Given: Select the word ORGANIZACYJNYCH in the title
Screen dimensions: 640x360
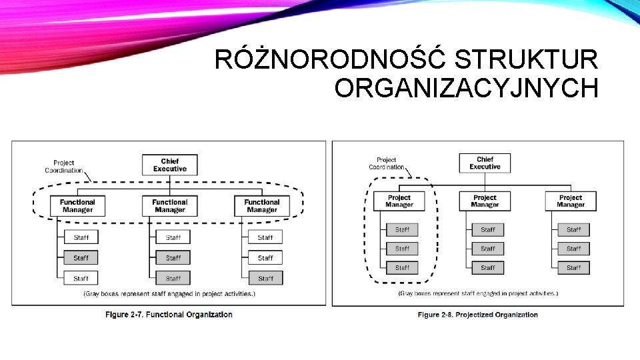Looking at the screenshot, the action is coord(466,88).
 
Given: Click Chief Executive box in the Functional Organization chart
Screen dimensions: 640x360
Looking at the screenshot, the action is coord(170,165).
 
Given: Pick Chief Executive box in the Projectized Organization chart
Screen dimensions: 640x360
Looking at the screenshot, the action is coord(485,163).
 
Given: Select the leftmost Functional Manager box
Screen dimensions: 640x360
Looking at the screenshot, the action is coord(77,206).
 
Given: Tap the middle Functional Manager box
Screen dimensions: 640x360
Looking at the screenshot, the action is coord(170,206).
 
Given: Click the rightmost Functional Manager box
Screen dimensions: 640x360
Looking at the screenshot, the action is coord(262,206).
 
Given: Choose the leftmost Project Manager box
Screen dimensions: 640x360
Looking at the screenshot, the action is coord(399,201).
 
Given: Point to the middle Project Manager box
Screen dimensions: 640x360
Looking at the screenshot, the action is coord(485,201).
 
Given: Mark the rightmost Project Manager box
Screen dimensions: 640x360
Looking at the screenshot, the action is coord(571,201).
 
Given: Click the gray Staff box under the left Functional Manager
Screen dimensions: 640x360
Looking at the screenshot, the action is coord(81,257).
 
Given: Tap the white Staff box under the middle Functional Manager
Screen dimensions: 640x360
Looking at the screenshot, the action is coord(173,237).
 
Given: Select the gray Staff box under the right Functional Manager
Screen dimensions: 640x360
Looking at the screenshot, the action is coord(265,278).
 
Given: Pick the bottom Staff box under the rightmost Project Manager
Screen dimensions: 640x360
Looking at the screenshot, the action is coord(574,267).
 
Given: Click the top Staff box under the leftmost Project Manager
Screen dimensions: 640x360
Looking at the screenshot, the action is coord(402,229).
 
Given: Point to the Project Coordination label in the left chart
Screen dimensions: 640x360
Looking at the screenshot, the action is coord(64,166).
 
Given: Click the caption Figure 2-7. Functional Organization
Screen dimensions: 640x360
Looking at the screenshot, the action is coord(169,315).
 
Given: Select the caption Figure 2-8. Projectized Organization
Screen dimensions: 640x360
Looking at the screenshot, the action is coord(477,315).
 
